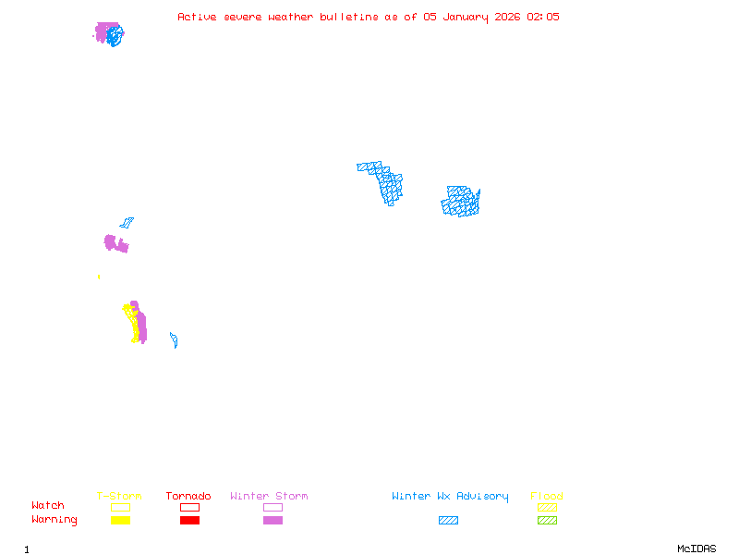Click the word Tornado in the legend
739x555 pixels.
[188, 497]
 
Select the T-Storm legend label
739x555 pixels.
[119, 497]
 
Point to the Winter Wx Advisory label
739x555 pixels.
[450, 497]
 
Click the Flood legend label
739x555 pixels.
[547, 497]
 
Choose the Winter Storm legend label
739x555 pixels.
[269, 497]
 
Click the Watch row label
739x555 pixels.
[48, 506]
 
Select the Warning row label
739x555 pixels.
[54, 520]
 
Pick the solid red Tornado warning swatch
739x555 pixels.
[189, 521]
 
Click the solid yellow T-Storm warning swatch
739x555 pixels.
[120, 521]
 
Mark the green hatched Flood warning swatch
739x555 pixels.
[547, 521]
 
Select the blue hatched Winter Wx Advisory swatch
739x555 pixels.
[448, 521]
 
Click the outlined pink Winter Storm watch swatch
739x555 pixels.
[273, 508]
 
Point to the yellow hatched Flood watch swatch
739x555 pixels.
[547, 508]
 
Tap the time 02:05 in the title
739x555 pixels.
[543, 17]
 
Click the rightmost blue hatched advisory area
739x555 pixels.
[461, 202]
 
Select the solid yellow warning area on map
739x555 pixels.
[137, 324]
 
